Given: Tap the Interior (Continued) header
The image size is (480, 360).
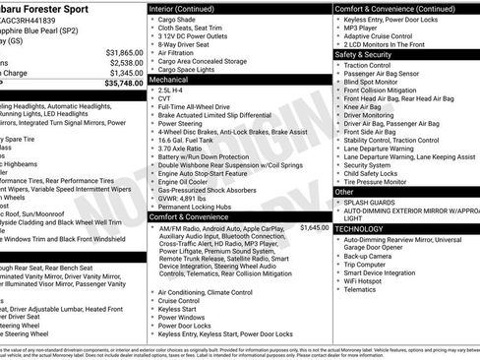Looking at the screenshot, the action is coord(190,8).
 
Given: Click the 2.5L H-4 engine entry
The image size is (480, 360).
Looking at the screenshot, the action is coord(170,89).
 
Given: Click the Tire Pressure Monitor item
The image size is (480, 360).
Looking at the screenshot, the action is coord(381,182).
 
